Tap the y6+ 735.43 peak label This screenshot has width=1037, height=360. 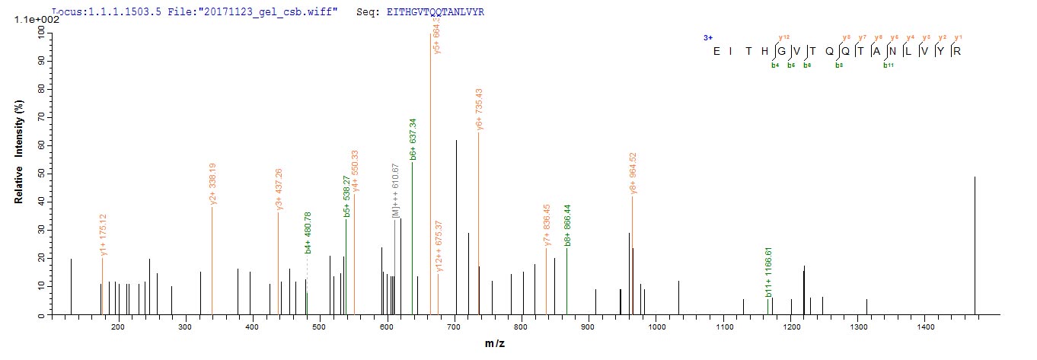point(479,110)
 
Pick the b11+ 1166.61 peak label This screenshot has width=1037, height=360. point(767,272)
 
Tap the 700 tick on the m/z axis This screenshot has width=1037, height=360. point(455,327)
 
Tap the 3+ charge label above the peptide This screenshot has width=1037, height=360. point(707,37)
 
